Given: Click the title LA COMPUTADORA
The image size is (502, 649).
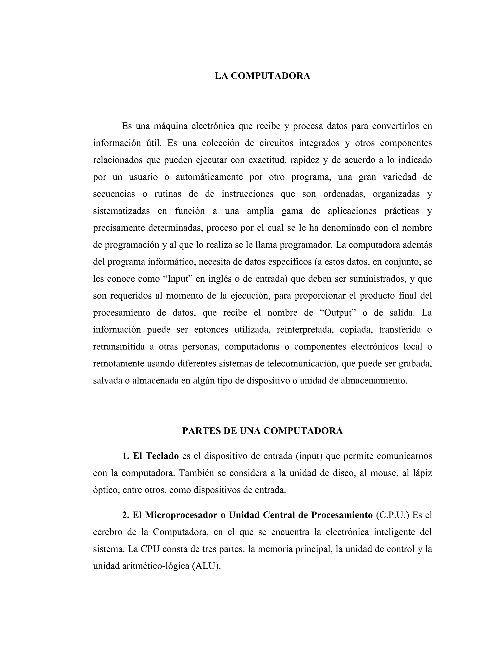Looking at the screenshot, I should (x=262, y=76).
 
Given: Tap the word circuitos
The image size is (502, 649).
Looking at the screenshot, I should (x=276, y=143).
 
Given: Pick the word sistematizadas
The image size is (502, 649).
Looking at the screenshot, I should (x=121, y=211).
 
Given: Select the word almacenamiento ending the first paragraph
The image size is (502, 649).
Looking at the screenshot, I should (x=374, y=380).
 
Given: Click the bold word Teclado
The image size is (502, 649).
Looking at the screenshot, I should (x=162, y=456).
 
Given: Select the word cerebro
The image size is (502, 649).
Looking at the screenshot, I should (x=107, y=532).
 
